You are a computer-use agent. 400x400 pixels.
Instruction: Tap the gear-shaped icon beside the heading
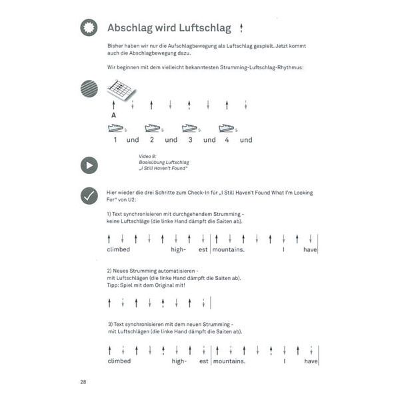click(89, 27)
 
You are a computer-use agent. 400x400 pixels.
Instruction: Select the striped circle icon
click(89, 89)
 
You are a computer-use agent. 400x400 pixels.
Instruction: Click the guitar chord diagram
click(121, 89)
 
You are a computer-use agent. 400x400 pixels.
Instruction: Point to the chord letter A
click(114, 115)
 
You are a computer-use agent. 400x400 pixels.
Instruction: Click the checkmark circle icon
click(89, 195)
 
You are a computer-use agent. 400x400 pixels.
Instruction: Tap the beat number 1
click(115, 140)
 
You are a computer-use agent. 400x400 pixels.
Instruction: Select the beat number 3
click(189, 140)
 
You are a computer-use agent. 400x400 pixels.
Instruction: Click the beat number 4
click(227, 140)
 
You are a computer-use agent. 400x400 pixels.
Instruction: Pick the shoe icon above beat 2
click(153, 128)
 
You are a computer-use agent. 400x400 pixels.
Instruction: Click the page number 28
click(83, 382)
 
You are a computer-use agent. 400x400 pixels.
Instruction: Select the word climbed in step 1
click(118, 249)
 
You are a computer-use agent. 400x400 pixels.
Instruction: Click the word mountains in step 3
click(228, 361)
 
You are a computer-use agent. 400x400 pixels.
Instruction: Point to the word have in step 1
click(310, 249)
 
